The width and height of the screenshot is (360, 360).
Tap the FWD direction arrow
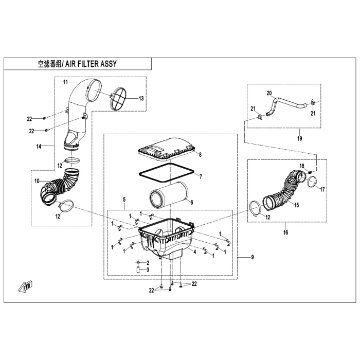click(26, 286)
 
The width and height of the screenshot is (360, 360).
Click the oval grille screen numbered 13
click(118, 99)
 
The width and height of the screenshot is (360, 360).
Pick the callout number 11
click(66, 82)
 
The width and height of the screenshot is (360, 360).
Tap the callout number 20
click(269, 93)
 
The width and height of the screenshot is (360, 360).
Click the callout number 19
click(300, 138)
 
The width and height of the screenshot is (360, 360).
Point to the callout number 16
click(285, 232)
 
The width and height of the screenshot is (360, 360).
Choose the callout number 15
click(296, 205)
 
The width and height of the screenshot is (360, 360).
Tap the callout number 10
click(37, 181)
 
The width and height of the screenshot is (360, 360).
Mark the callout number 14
click(39, 146)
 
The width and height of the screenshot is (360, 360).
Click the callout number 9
click(253, 257)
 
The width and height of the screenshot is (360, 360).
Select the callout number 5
click(124, 200)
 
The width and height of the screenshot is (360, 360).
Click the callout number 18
click(302, 166)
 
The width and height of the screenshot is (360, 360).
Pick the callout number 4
click(195, 252)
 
